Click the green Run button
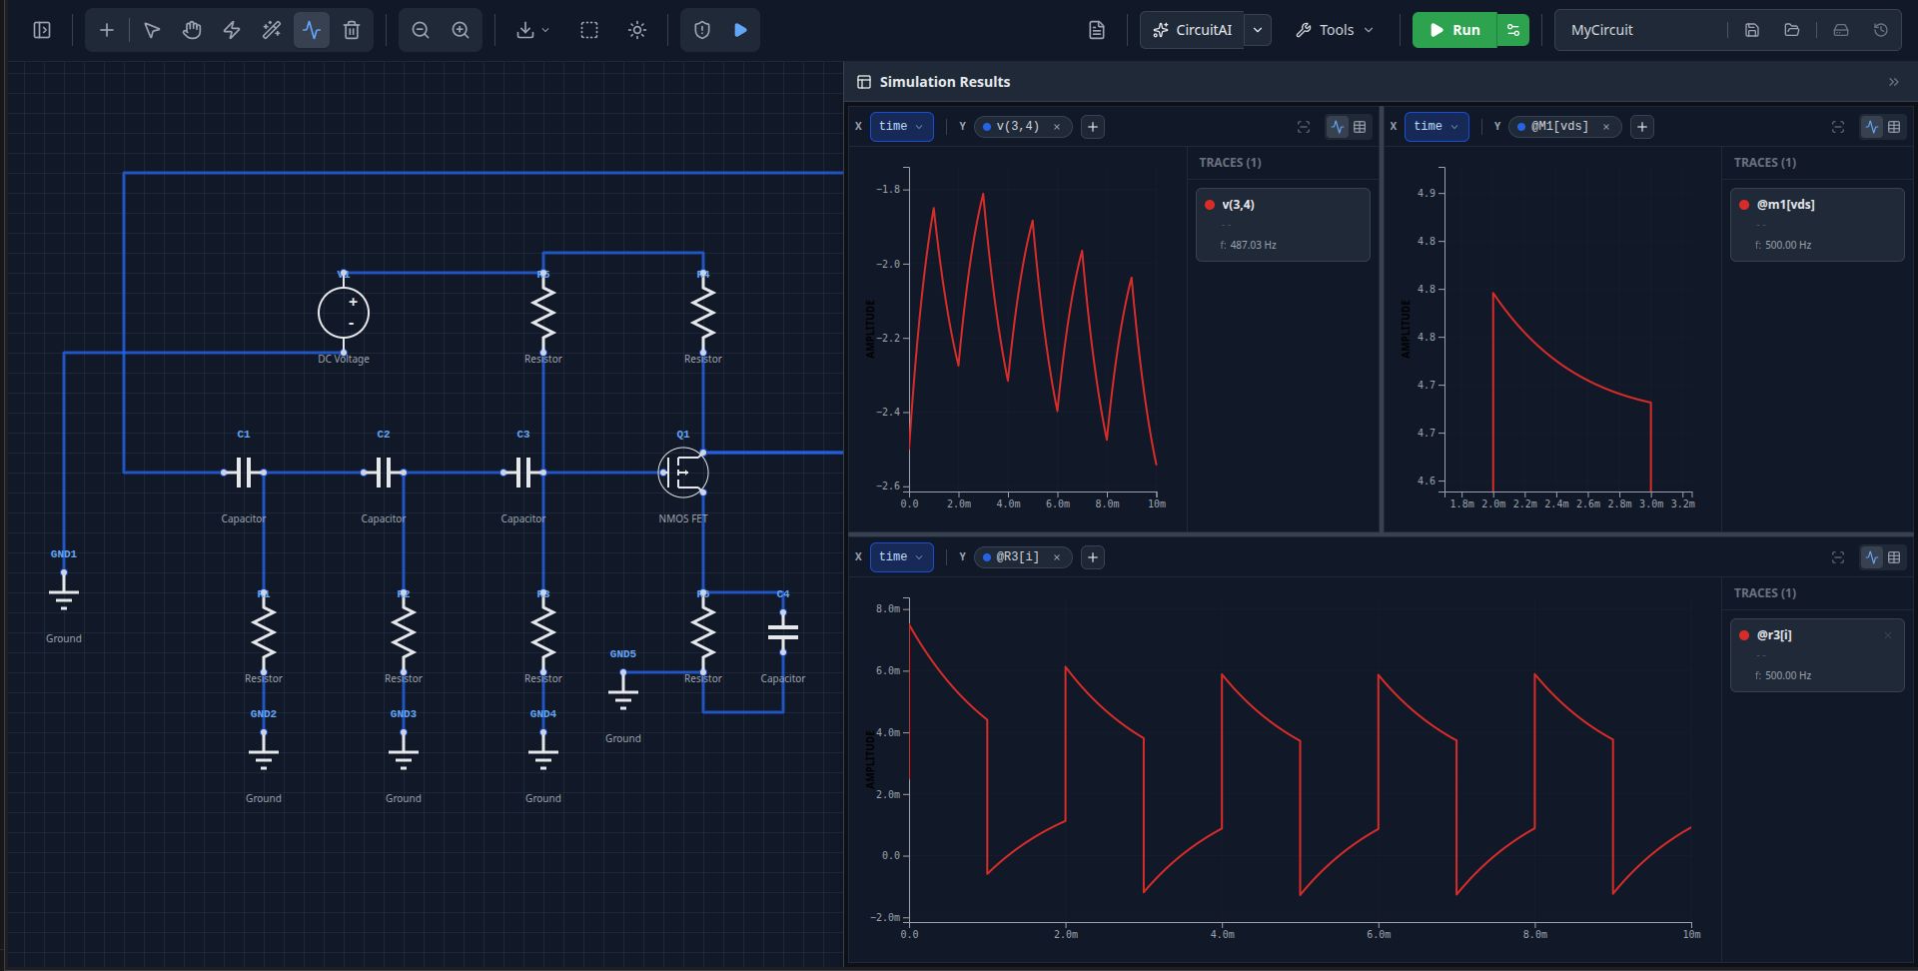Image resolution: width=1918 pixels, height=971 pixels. pyautogui.click(x=1454, y=30)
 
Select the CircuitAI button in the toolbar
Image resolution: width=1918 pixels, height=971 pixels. pyautogui.click(x=1193, y=30)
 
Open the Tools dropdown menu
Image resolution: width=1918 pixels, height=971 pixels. pyautogui.click(x=1335, y=30)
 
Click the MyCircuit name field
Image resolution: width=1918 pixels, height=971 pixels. pyautogui.click(x=1638, y=30)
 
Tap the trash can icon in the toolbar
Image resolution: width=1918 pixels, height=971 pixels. pyautogui.click(x=352, y=30)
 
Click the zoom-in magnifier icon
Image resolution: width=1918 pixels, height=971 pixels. pyautogui.click(x=461, y=30)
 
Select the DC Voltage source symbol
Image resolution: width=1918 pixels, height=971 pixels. pyautogui.click(x=344, y=313)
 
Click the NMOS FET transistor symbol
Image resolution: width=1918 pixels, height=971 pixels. pyautogui.click(x=683, y=473)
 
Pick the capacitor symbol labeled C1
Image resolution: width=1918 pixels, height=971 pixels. pyautogui.click(x=244, y=473)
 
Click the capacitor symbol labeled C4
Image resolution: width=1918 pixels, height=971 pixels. pyautogui.click(x=783, y=632)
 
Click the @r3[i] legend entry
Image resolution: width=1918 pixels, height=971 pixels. pyautogui.click(x=1774, y=635)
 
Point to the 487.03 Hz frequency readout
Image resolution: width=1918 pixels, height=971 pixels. pyautogui.click(x=1248, y=245)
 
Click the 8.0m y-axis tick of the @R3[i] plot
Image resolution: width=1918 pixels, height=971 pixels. pyautogui.click(x=887, y=608)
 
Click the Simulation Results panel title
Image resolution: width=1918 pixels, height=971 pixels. pyautogui.click(x=944, y=82)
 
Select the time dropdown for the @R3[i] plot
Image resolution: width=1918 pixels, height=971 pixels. pyautogui.click(x=901, y=557)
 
